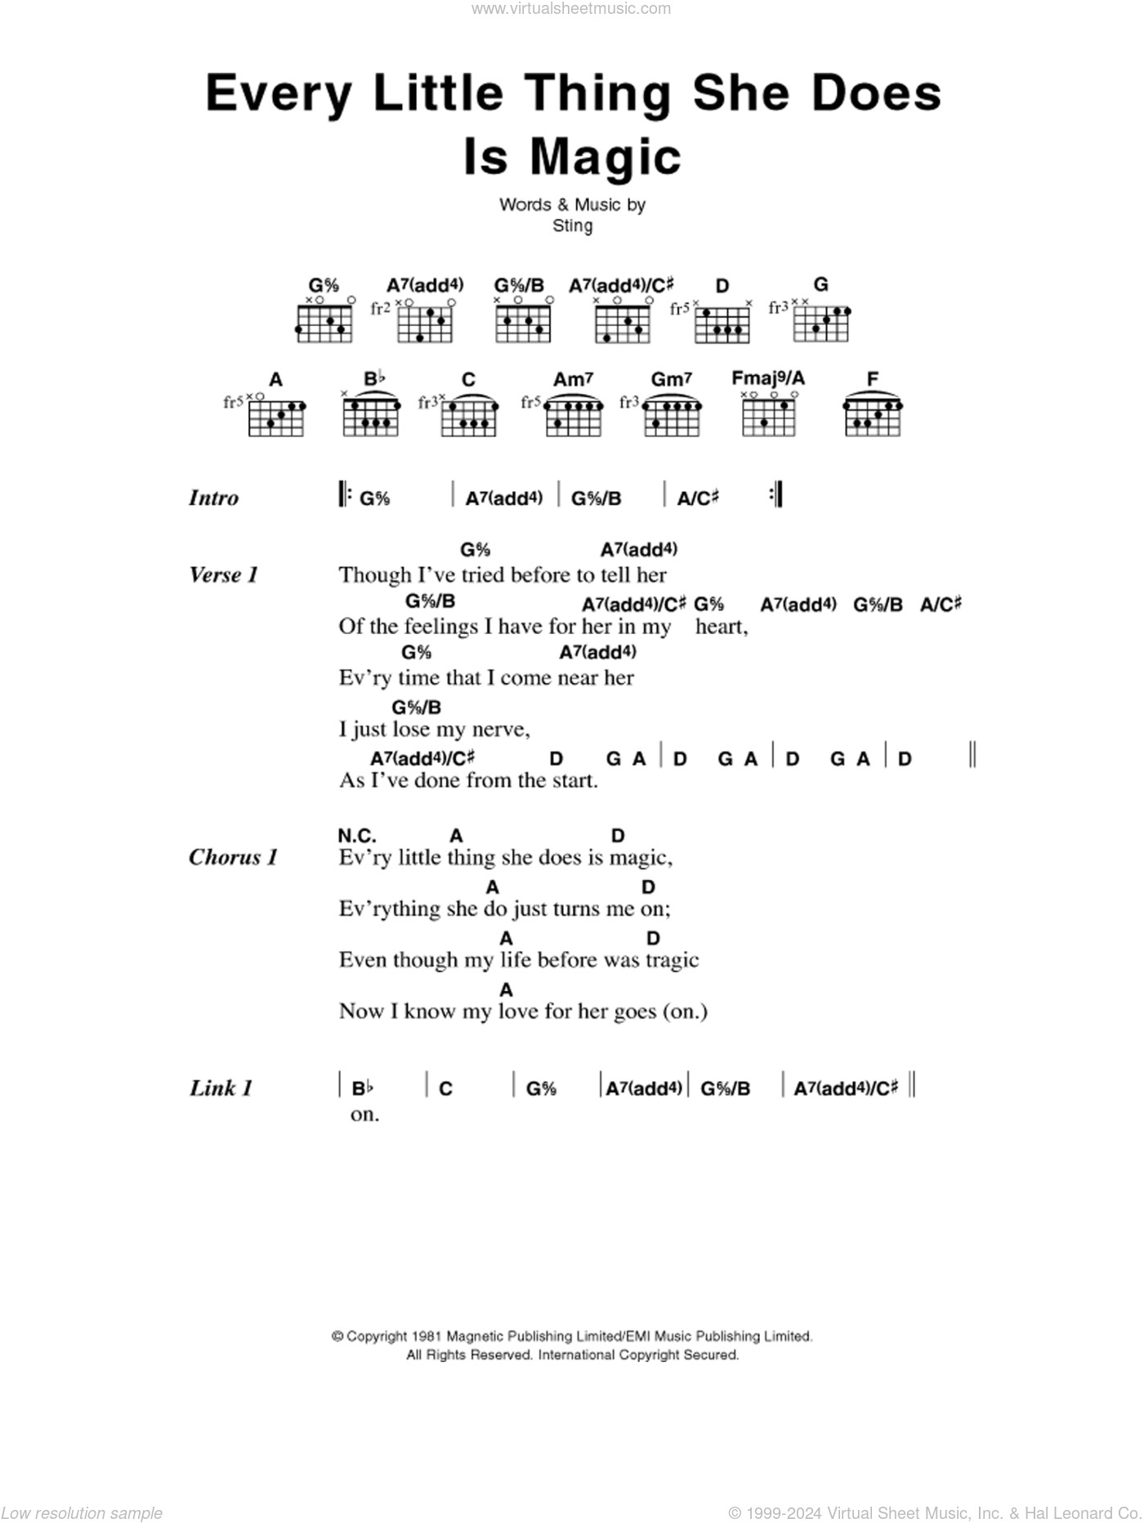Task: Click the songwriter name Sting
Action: coord(572,226)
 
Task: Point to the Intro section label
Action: coord(213,498)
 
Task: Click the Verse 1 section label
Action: coord(223,575)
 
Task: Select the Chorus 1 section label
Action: coord(233,857)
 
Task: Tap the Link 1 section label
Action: coord(221,1088)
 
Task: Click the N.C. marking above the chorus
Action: coord(356,836)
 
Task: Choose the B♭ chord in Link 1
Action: coord(362,1088)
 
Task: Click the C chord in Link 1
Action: coord(445,1088)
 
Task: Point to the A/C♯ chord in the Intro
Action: coord(698,498)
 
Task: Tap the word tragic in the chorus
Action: coord(672,961)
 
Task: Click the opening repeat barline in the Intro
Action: coord(342,494)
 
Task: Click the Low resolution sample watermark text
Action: coord(82,1513)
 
